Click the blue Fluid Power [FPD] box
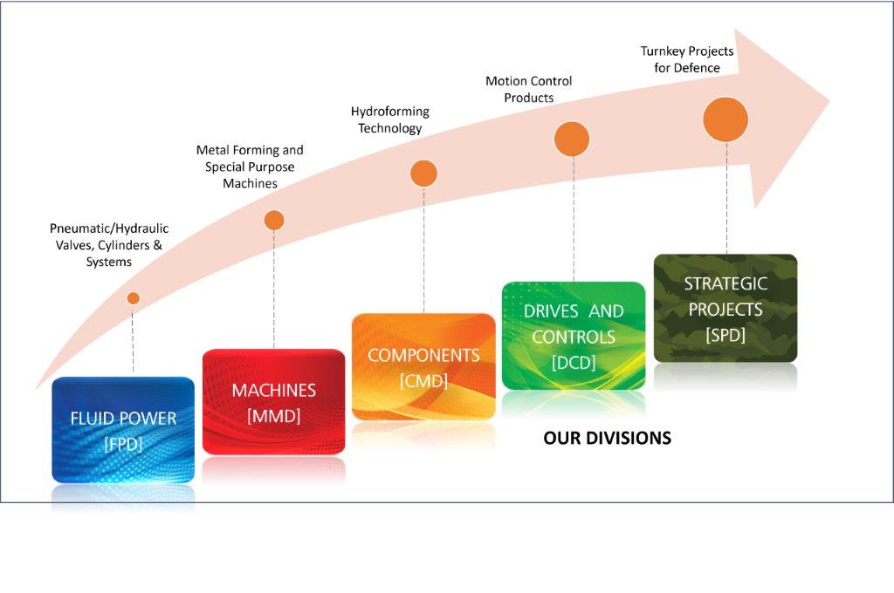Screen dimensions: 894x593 (123, 430)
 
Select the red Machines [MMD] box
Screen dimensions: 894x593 (273, 402)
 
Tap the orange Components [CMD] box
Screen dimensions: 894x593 (423, 367)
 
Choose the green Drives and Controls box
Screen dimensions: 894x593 (574, 336)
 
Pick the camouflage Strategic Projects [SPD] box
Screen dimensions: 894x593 (726, 308)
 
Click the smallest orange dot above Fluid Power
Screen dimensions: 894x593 (134, 298)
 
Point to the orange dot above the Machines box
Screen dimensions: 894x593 (274, 221)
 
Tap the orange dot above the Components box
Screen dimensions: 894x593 (423, 174)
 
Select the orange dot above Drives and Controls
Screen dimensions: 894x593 (572, 139)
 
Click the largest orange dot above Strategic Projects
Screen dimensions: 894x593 (726, 119)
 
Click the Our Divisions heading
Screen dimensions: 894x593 (608, 438)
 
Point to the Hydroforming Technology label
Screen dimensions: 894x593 (390, 119)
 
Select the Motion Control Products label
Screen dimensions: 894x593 (528, 90)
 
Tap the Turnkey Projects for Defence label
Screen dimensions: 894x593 (687, 59)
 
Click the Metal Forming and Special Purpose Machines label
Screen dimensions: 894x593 (250, 167)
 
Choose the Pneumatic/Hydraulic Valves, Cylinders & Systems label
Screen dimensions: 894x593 (109, 245)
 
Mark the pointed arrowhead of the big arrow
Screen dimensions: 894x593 (829, 101)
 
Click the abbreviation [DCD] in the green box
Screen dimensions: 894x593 (574, 362)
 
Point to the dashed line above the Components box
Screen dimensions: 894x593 (423, 250)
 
